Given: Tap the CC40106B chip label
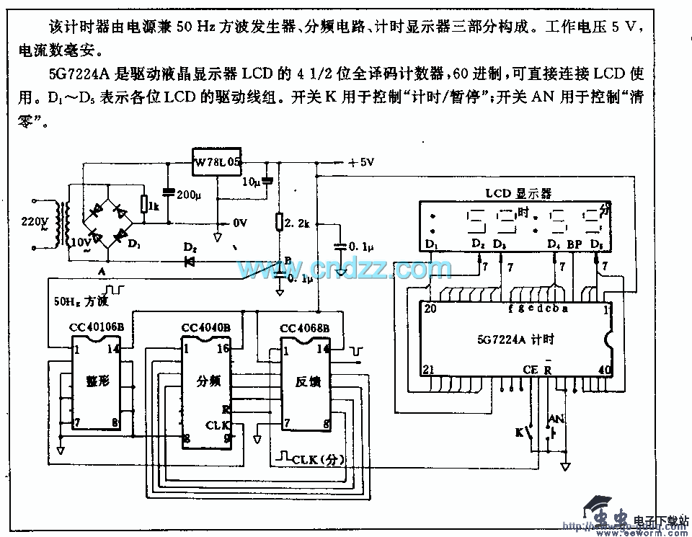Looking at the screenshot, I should coord(97,327).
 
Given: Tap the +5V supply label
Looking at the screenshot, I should coord(360,163).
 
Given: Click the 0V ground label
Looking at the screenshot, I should coord(240,223).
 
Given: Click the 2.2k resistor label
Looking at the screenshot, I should coord(297,224).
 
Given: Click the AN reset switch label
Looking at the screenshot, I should coord(556,419).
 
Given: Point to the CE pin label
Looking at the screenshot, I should coord(530,370).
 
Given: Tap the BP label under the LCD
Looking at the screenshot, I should coord(575,245).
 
